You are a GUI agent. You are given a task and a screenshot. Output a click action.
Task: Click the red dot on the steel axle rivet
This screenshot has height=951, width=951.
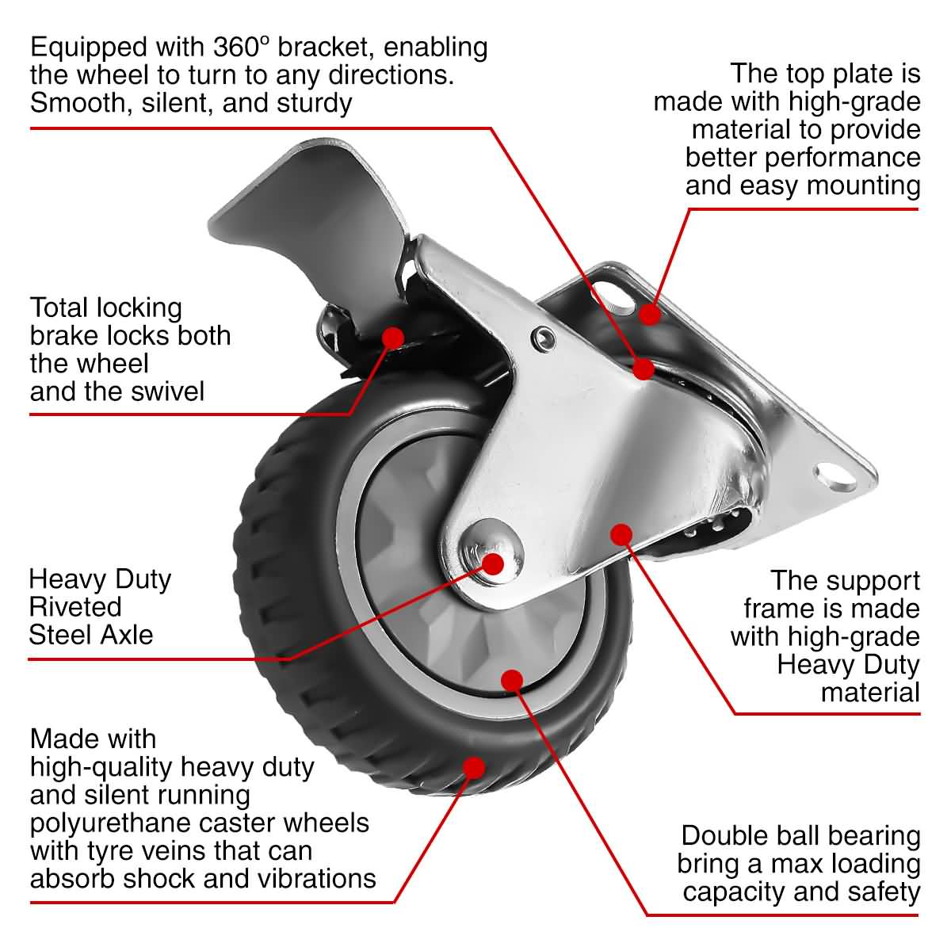pos(493,563)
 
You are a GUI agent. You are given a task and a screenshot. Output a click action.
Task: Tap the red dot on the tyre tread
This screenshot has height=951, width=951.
pos(473,767)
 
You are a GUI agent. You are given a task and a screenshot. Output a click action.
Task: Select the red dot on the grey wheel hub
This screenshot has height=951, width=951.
pos(512,679)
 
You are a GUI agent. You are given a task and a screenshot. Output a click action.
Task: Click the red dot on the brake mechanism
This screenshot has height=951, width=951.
pos(392,337)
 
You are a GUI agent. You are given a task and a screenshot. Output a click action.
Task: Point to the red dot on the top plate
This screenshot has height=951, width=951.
pos(650,314)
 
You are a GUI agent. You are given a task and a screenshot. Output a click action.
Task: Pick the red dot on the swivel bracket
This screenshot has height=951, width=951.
pos(643,368)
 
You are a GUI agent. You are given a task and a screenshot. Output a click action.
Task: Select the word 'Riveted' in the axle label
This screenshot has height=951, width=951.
pos(75,607)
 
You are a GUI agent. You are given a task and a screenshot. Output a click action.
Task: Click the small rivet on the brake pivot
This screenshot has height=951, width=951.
pos(542,338)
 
